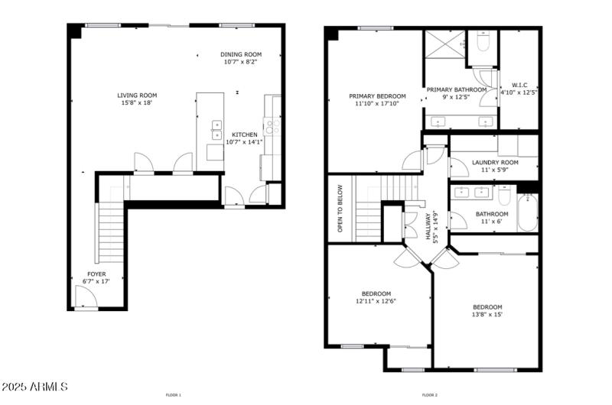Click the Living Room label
(x=137, y=96)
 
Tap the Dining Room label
(x=241, y=54)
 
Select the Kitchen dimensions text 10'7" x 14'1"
(x=245, y=141)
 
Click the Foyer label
(x=96, y=274)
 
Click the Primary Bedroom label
(x=377, y=96)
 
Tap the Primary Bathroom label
(x=457, y=89)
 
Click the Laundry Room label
(x=495, y=162)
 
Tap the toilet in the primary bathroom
(x=482, y=44)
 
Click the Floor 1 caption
(x=174, y=395)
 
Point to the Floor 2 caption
(x=430, y=395)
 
